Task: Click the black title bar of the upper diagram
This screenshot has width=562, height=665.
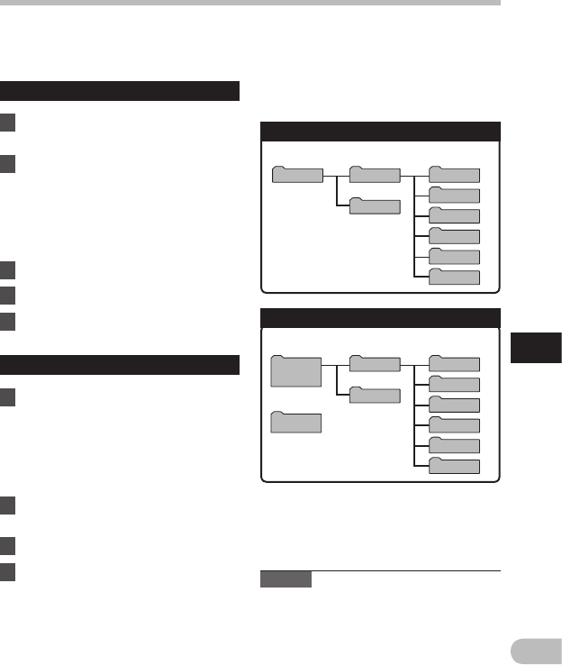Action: tap(379, 132)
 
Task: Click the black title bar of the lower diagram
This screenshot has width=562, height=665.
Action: tap(379, 318)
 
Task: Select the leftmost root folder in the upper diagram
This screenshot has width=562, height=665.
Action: tap(297, 174)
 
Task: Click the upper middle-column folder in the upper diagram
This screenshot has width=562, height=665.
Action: tap(375, 174)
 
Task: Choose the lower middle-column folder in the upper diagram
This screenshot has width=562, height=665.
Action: tap(375, 206)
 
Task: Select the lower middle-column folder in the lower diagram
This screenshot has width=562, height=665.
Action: tap(375, 396)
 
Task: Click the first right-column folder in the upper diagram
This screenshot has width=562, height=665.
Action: tap(454, 174)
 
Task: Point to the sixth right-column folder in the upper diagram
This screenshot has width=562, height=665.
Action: tap(454, 277)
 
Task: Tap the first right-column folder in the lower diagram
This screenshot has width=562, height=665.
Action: tap(454, 363)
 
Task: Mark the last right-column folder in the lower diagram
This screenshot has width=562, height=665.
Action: tap(454, 466)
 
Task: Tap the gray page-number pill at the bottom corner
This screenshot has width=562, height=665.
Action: tap(536, 650)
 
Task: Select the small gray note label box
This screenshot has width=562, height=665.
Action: tap(286, 579)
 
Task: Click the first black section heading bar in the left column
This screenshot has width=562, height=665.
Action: tap(120, 91)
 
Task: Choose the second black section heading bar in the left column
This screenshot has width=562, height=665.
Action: tap(120, 365)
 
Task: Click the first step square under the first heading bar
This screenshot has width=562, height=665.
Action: tap(8, 121)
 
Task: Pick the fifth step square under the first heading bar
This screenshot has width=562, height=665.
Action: tap(8, 322)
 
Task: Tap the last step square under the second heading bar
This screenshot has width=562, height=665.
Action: tap(8, 570)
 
